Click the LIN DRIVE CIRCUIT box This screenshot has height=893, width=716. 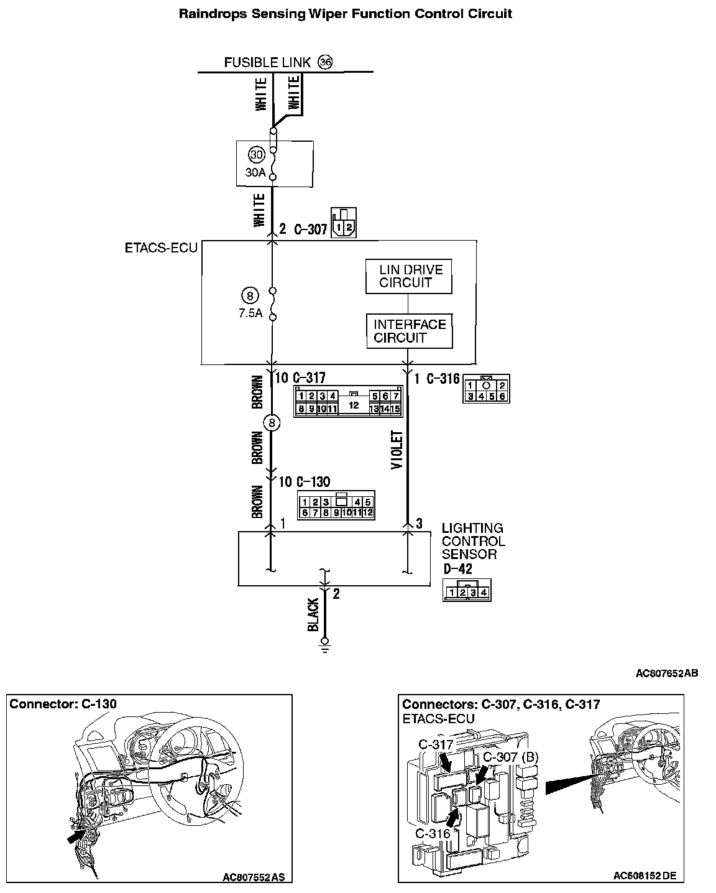point(408,276)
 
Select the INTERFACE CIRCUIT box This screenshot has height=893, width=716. point(410,331)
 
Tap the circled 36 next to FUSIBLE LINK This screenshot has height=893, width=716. point(325,62)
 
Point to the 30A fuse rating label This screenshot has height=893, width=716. point(255,172)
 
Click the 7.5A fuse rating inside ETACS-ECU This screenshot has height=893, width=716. point(250,313)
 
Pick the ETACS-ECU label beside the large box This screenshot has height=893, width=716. point(161,248)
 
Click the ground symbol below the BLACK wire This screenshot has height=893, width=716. point(325,647)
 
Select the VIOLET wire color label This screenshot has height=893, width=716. point(397,450)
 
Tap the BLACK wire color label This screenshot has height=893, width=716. point(313,614)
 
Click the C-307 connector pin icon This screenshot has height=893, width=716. point(344,223)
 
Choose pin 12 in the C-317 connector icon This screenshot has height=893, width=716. point(354,405)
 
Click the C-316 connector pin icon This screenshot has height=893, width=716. point(486,389)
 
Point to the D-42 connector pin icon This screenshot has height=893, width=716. point(467,590)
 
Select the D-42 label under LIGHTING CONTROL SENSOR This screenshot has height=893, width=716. point(458,569)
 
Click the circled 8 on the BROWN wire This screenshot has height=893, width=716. point(272,423)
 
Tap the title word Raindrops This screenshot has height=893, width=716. point(213,14)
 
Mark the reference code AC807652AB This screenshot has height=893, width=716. point(667,673)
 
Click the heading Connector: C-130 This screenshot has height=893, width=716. point(63,704)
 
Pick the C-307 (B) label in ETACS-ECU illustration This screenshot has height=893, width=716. point(511,757)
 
